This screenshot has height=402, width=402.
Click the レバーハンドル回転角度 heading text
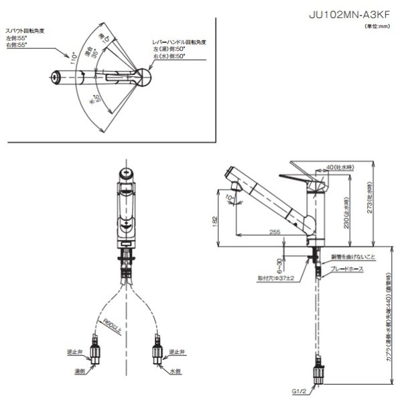click(x=179, y=42)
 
